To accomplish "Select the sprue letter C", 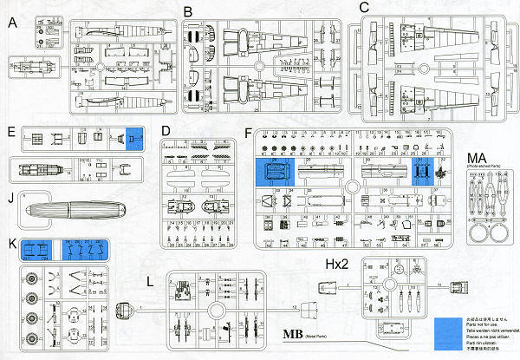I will (364, 8).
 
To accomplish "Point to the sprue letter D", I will (166, 131).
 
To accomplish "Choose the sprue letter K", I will (10, 245).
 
